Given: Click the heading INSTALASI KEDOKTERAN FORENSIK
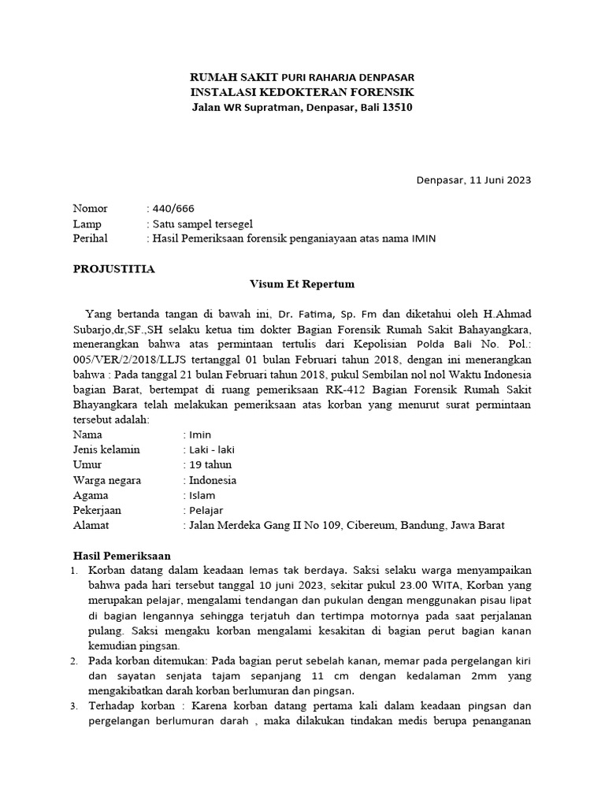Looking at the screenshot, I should tap(302, 92).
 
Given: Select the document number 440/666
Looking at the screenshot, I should tap(167, 209).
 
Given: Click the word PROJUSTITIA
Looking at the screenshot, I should tap(114, 269).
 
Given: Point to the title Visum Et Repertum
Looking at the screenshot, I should tap(302, 284).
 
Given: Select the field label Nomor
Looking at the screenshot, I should tap(90, 209).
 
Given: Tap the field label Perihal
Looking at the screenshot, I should tap(90, 238).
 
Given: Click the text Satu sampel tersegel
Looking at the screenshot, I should tap(202, 224).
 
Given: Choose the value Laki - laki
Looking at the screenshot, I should tap(211, 449).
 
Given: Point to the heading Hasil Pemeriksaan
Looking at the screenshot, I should tap(121, 555).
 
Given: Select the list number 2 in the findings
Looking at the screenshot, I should tap(75, 660).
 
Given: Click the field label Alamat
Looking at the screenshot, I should tap(91, 525).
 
